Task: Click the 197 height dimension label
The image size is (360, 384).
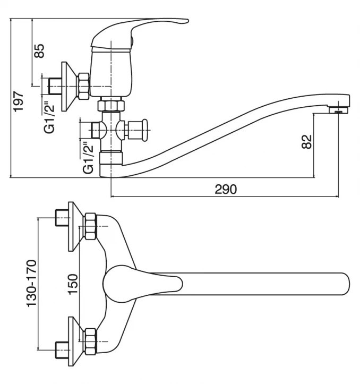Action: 19,100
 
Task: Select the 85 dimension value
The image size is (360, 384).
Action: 39,51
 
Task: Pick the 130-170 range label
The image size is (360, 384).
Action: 31,283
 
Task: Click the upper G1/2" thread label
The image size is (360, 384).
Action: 49,117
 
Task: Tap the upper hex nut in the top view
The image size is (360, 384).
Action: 90,226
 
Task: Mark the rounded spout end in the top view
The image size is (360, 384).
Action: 343,283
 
